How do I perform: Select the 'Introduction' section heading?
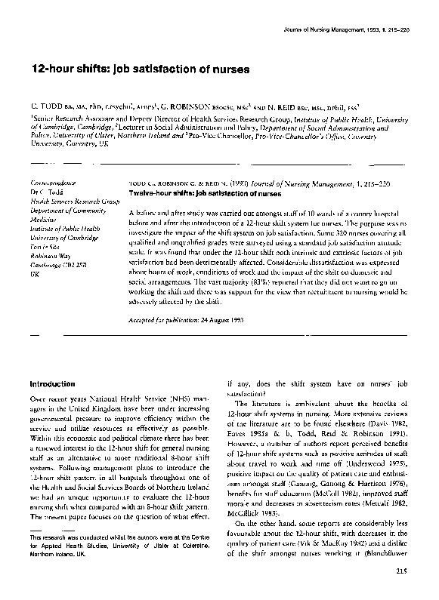click(x=52, y=383)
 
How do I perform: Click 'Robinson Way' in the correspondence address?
click(x=50, y=257)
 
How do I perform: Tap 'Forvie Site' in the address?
click(x=47, y=248)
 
